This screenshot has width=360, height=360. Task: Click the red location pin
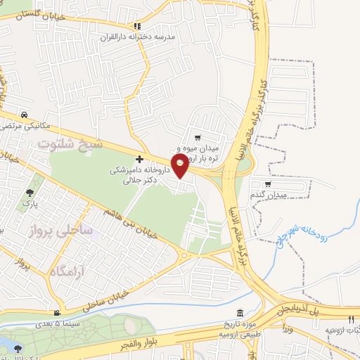(x=181, y=165)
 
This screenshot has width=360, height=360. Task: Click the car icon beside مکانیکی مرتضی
(x=25, y=115)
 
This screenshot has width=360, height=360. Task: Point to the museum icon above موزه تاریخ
(x=240, y=312)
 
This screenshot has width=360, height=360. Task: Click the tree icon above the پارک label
(x=29, y=192)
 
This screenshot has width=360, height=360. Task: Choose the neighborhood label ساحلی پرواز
(x=60, y=230)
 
